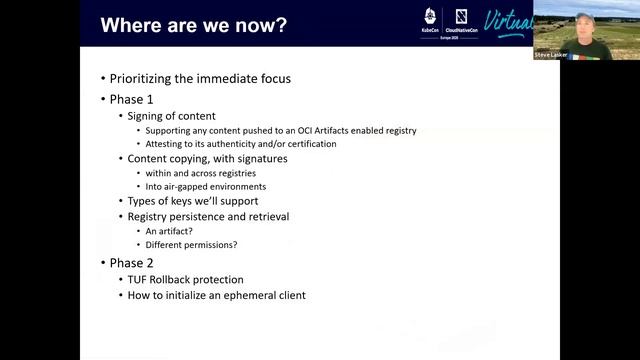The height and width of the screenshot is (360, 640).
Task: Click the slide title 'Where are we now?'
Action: coord(193,23)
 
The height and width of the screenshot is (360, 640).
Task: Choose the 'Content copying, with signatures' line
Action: coord(207,158)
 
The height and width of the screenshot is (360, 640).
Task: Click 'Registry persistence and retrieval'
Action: coord(209,216)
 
